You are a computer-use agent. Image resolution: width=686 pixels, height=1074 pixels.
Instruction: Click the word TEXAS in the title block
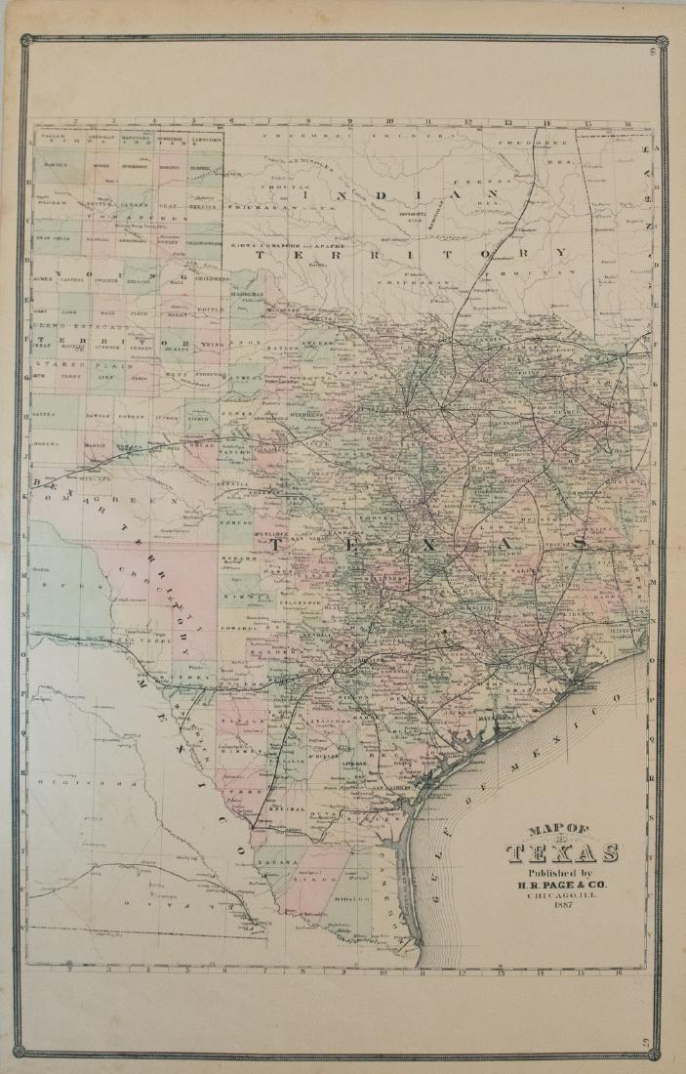click(x=561, y=852)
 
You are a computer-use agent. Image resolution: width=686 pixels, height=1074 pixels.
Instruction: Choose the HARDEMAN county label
click(x=247, y=294)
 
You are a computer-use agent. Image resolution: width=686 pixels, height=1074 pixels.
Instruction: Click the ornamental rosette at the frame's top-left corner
click(x=27, y=41)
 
